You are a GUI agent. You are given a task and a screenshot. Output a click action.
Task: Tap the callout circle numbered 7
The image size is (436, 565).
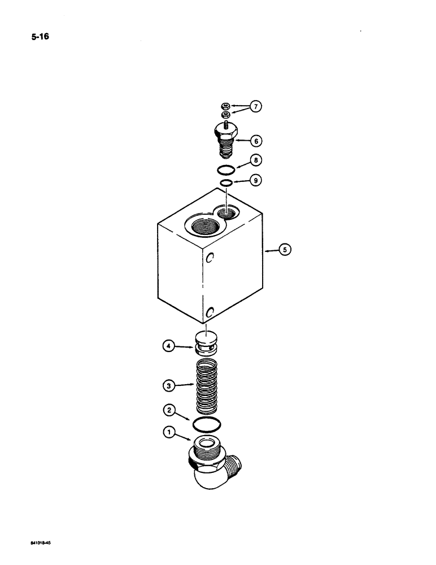[x=256, y=107]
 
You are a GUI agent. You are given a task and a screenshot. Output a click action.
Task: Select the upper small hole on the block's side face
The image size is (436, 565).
[x=209, y=258]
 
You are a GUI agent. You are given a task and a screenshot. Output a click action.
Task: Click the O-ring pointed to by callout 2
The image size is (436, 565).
[x=207, y=423]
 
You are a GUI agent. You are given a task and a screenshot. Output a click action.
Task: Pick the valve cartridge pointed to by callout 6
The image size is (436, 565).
[x=226, y=138]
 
